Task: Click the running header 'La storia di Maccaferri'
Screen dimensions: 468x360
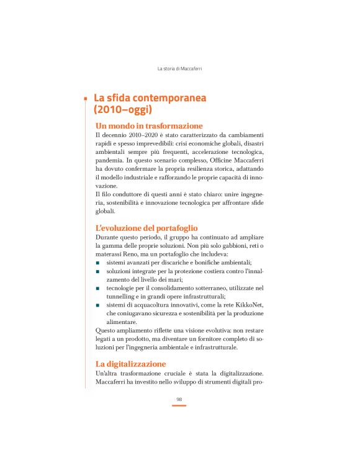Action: (x=179, y=68)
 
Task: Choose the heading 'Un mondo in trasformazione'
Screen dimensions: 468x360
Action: (x=149, y=126)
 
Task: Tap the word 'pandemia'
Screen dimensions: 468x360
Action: (x=111, y=160)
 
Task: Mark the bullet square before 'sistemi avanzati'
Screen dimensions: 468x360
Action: (x=98, y=263)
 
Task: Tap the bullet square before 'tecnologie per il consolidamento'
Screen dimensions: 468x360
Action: (x=98, y=288)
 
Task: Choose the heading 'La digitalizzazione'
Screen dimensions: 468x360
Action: (x=130, y=363)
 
